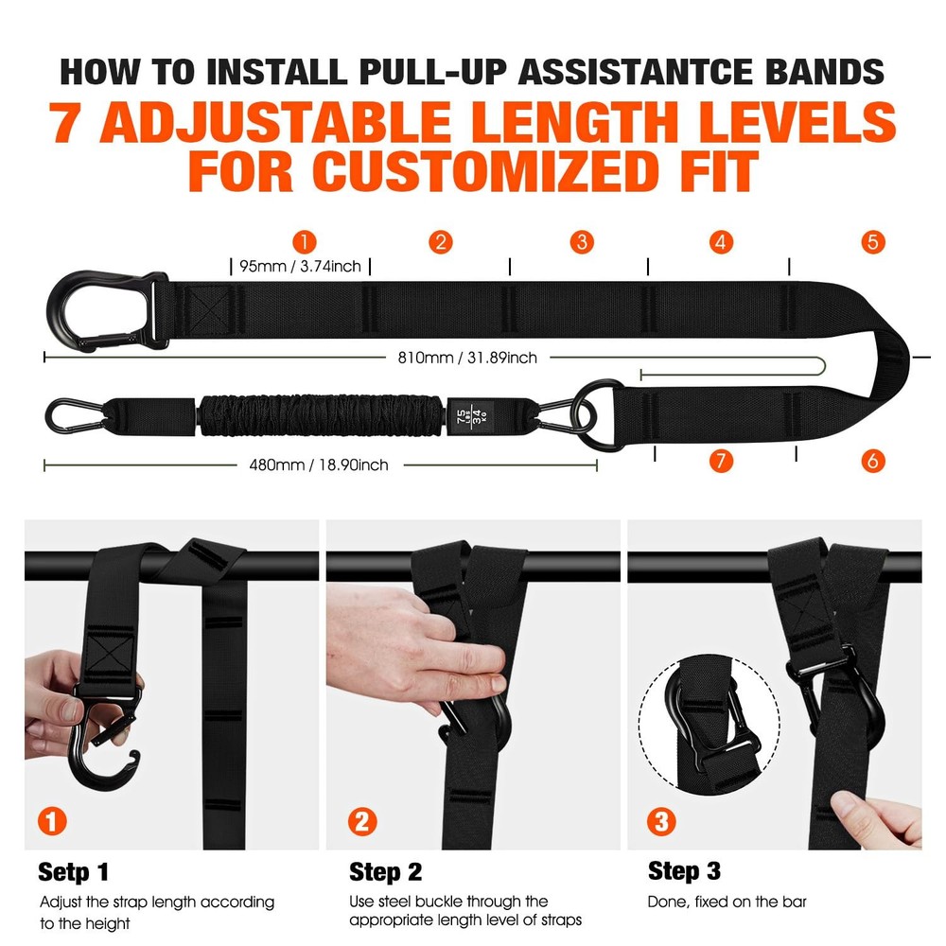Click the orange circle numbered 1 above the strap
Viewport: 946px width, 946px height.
point(304,241)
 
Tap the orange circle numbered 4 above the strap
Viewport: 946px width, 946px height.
point(721,241)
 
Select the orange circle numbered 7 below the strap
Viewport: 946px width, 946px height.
point(721,461)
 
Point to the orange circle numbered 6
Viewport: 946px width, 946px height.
point(873,461)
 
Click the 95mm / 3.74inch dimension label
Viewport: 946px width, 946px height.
point(300,267)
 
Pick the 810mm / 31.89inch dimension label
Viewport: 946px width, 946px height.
point(467,358)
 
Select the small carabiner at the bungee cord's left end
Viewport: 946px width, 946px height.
point(71,414)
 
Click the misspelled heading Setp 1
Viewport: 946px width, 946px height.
point(74,870)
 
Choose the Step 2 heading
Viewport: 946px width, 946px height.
point(385,871)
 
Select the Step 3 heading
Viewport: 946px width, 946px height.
point(685,870)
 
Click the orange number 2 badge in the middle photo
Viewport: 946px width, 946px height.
point(359,821)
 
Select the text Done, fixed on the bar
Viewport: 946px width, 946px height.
point(727,902)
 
